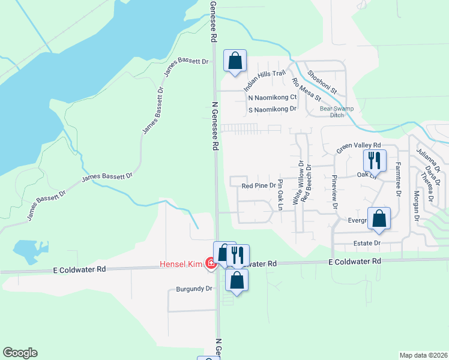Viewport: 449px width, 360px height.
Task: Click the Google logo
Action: click(20, 353)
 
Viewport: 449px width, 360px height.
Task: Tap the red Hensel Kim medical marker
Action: click(211, 263)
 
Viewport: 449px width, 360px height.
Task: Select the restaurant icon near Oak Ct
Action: click(374, 161)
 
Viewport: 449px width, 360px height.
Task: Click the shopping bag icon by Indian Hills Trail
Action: click(235, 61)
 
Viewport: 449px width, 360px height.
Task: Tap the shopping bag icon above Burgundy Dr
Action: click(237, 281)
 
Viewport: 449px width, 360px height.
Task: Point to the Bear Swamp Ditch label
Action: click(340, 112)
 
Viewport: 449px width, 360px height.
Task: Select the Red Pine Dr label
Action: click(258, 186)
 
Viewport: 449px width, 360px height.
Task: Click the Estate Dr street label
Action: click(369, 243)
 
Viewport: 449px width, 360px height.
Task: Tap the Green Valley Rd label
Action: click(358, 146)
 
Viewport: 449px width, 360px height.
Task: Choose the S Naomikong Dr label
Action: click(273, 109)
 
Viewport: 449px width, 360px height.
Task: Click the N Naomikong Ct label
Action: click(273, 97)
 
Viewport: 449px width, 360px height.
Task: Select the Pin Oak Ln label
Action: click(279, 196)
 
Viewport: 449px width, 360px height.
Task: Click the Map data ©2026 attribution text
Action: click(424, 355)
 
